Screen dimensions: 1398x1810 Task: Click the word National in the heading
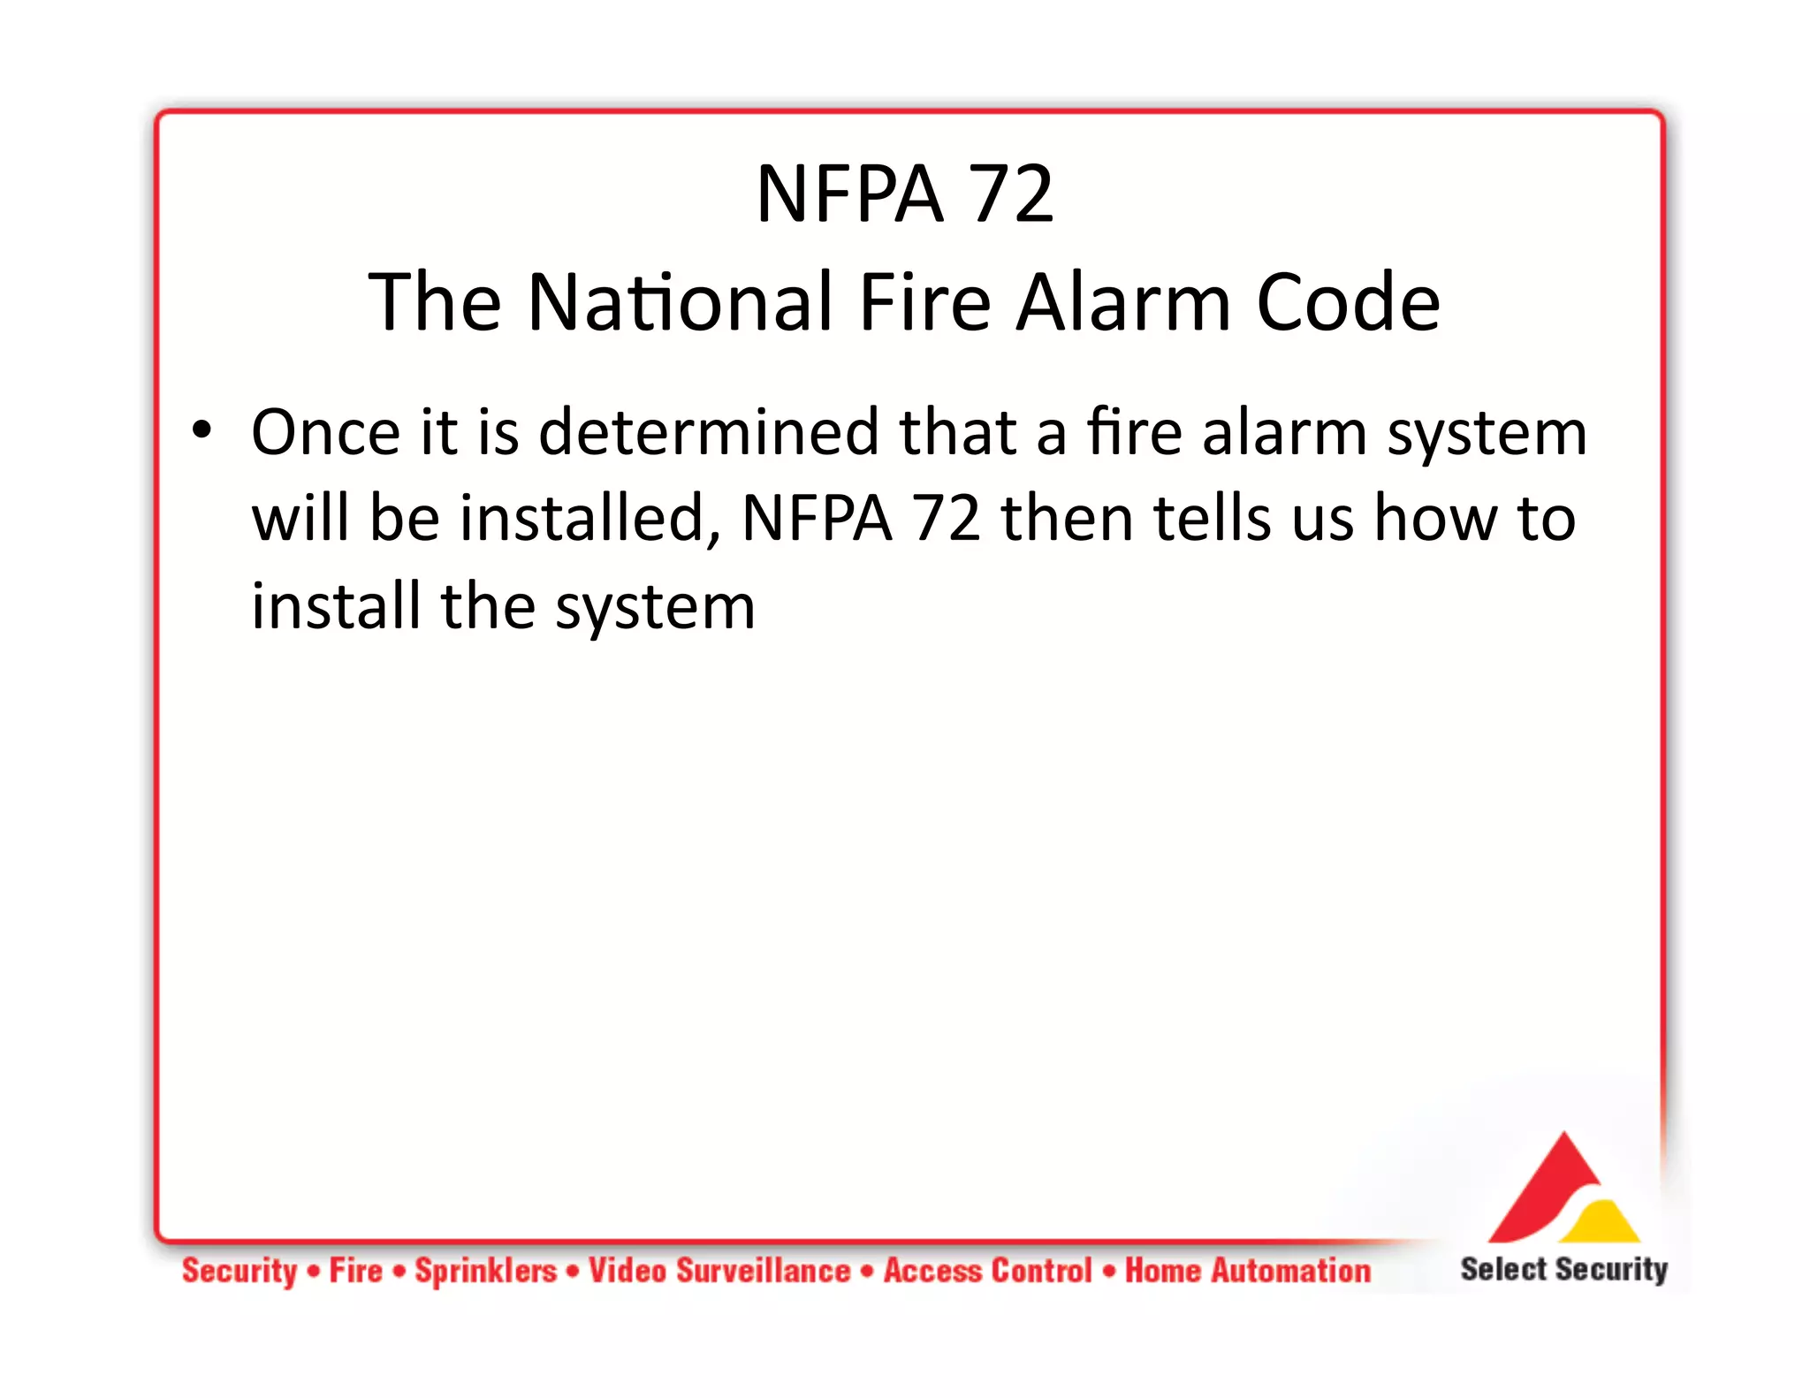click(x=681, y=302)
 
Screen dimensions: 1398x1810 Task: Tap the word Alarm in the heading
click(x=1122, y=302)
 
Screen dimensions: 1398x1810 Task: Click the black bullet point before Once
click(x=202, y=430)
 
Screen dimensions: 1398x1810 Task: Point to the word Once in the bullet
click(x=325, y=433)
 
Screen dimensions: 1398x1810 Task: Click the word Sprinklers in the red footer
click(x=486, y=1271)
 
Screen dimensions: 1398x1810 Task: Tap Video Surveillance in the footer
click(x=719, y=1271)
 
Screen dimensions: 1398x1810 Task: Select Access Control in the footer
click(x=988, y=1271)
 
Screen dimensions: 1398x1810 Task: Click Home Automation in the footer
click(x=1247, y=1271)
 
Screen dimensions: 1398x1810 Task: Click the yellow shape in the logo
click(x=1601, y=1224)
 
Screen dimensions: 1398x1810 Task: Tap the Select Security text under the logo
click(x=1563, y=1269)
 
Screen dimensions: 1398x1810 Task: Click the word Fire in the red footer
click(x=355, y=1271)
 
